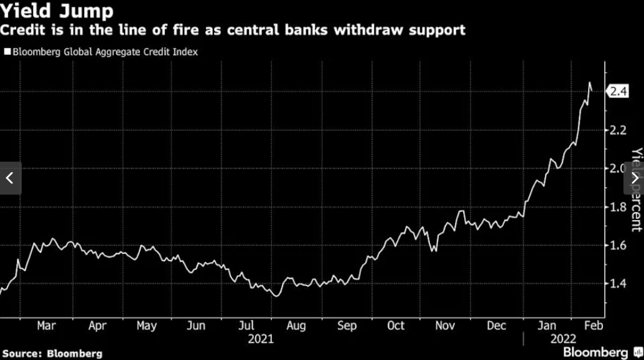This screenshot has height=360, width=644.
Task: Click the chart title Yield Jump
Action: coord(57,11)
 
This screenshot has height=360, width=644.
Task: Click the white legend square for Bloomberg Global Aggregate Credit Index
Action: coord(7,52)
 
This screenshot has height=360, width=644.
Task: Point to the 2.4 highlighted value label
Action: coord(619,92)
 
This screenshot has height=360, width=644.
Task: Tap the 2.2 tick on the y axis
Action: coord(618,131)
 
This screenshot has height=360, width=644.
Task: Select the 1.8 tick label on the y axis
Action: coord(618,207)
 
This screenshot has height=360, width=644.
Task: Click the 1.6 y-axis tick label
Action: coord(618,246)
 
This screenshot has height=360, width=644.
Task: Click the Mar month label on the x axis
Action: coord(47,325)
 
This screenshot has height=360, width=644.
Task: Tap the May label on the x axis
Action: coord(146,325)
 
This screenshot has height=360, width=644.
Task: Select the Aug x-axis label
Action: coord(296,325)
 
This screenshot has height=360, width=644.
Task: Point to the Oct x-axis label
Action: coord(396,325)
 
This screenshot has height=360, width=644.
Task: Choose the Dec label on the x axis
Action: coord(497,325)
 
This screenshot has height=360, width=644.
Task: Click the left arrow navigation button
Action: coord(10,178)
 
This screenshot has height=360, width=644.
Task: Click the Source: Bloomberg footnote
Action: coord(52,353)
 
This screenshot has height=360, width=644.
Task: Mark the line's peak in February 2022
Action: coord(589,83)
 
